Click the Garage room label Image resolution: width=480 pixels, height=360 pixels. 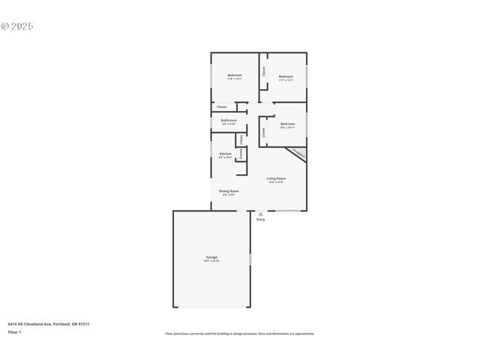(x=212, y=257)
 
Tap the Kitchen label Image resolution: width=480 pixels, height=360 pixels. (x=225, y=154)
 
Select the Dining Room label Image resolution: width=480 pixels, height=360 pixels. (x=229, y=191)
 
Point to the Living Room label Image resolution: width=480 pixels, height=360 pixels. (x=276, y=178)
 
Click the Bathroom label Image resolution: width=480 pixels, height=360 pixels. (x=229, y=120)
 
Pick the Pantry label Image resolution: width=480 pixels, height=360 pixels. (x=240, y=154)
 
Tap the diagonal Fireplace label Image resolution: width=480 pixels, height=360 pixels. (x=298, y=154)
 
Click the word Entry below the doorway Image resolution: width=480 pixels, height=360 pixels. (x=260, y=220)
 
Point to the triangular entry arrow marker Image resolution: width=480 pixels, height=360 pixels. (x=260, y=214)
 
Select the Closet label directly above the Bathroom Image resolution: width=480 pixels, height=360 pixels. (x=221, y=107)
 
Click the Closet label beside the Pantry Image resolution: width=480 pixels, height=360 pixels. (x=241, y=139)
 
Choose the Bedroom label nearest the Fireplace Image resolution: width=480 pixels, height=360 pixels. (x=288, y=124)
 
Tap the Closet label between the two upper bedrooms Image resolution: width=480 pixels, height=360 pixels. (x=264, y=71)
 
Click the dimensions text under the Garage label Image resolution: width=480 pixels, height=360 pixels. (x=212, y=261)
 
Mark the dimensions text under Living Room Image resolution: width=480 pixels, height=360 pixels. (x=276, y=182)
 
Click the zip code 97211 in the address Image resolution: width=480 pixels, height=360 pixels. (x=85, y=324)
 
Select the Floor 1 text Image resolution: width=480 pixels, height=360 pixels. (x=14, y=331)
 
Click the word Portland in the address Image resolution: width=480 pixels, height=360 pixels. (x=62, y=324)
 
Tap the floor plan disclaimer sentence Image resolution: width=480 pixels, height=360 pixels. (x=240, y=334)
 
